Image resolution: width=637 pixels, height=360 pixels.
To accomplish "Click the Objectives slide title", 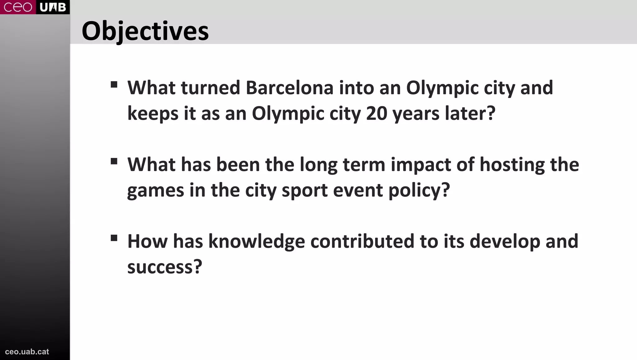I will pyautogui.click(x=145, y=31).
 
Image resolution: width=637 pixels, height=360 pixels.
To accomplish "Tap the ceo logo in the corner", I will pyautogui.click(x=18, y=7).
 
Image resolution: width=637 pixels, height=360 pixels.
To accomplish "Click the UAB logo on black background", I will pyautogui.click(x=53, y=7).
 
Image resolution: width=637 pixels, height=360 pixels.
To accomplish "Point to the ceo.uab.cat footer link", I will pyautogui.click(x=27, y=352).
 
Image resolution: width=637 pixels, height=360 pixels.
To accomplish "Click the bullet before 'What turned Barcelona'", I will pyautogui.click(x=114, y=85).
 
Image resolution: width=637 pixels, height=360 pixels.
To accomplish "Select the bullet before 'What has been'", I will pyautogui.click(x=114, y=161).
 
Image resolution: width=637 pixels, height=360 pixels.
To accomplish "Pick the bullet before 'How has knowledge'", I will pyautogui.click(x=114, y=238).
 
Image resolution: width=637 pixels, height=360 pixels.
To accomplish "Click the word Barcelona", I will pyautogui.click(x=290, y=88).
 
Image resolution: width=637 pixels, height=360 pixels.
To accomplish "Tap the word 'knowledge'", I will pyautogui.click(x=257, y=242).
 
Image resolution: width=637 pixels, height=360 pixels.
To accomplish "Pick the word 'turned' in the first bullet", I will pyautogui.click(x=211, y=88).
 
